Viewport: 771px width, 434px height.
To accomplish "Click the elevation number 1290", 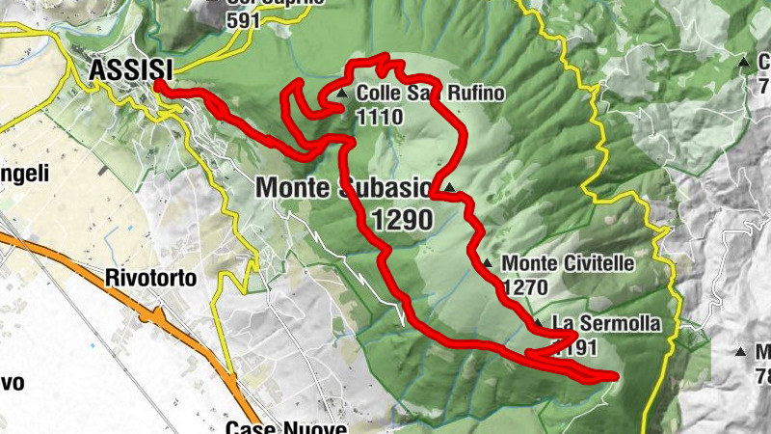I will [x=401, y=221].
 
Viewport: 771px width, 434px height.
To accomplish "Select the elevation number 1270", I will [x=524, y=286].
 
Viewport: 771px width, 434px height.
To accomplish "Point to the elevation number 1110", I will [x=378, y=117].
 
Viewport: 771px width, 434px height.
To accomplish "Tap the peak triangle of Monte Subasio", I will [x=449, y=187].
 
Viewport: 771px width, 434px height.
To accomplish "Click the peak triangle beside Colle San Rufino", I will [x=343, y=95].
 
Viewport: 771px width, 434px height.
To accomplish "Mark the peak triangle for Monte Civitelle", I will [x=488, y=263].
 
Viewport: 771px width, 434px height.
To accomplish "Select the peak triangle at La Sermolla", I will [x=537, y=323].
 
